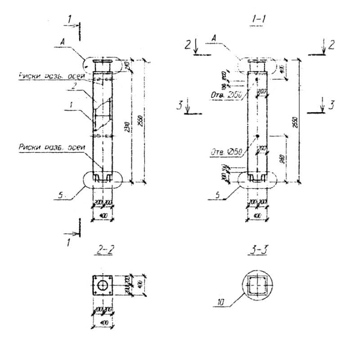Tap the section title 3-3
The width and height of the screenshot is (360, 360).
(x=257, y=249)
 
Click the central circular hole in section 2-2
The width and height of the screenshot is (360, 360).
(x=103, y=285)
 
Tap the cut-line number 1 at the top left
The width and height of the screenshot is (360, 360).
(x=69, y=18)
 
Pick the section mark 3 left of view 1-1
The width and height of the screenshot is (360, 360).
(x=180, y=105)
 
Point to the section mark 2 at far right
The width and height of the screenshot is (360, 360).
(x=331, y=44)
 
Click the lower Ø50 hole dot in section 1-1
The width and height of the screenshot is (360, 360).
(x=256, y=136)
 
